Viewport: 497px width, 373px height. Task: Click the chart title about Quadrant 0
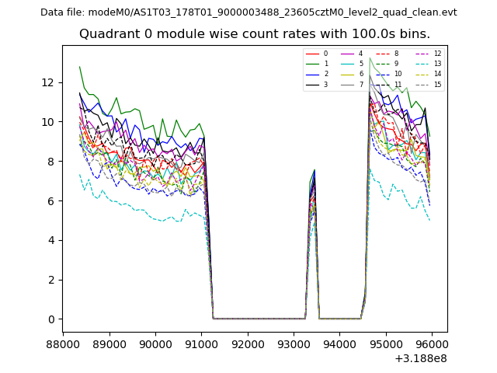[254, 34]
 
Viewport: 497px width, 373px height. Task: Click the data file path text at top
[248, 12]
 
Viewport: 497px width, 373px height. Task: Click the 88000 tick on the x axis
[63, 343]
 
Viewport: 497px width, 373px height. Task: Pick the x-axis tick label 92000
[248, 343]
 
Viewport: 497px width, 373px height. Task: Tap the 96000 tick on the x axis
[432, 343]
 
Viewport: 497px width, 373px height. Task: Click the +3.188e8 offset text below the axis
[420, 358]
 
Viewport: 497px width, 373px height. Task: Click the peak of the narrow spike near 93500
[315, 170]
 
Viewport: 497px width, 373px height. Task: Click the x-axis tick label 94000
[340, 343]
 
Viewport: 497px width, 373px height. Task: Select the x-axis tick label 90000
[155, 343]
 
